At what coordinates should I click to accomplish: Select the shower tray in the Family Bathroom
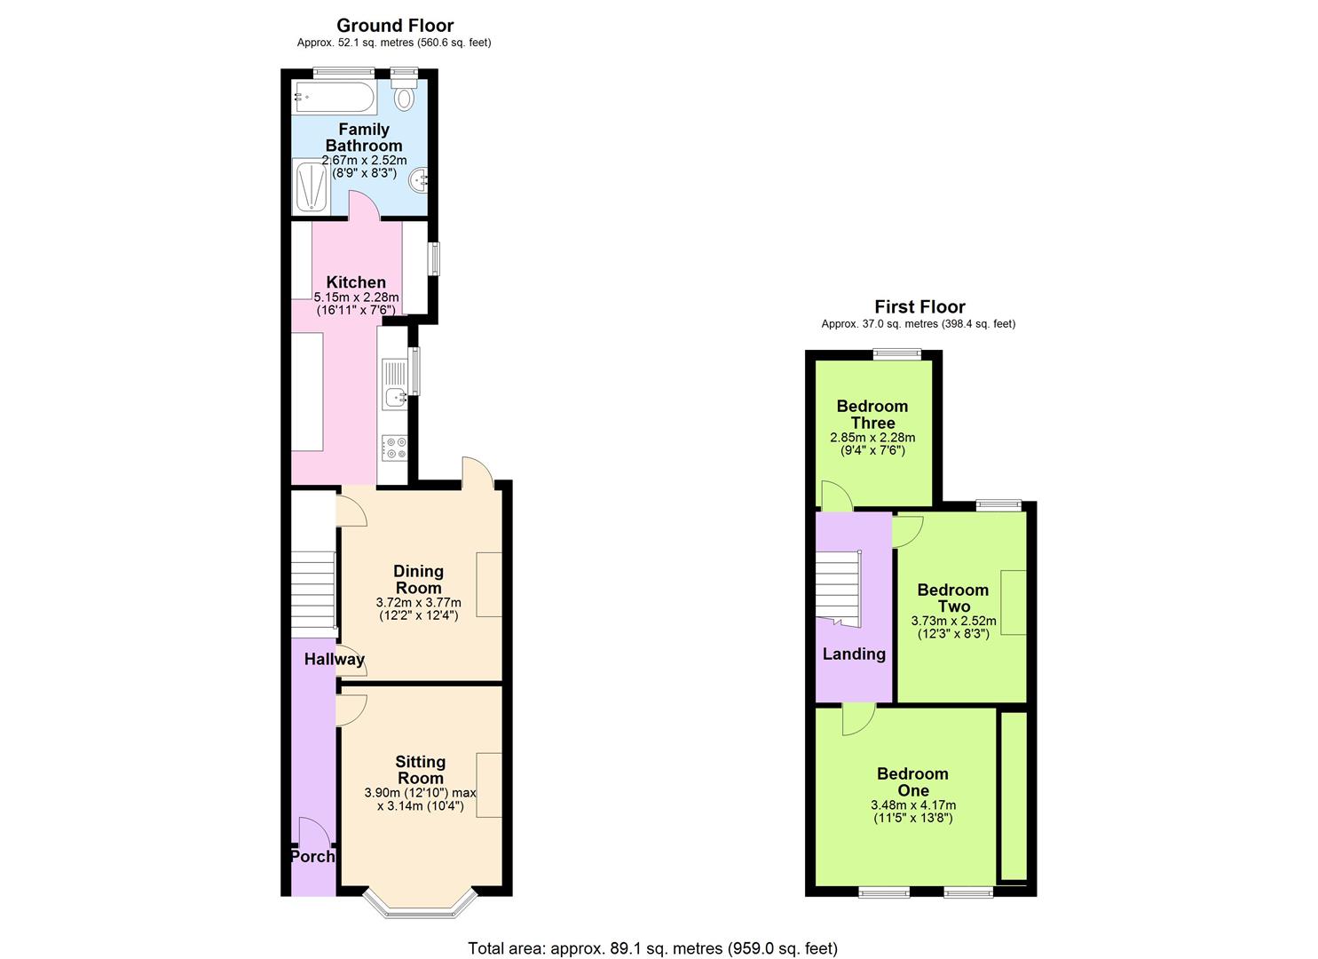[x=311, y=186]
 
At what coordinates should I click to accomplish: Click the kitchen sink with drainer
[x=394, y=384]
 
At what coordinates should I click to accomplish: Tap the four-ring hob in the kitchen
[x=394, y=448]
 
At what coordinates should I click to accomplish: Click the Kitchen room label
[x=356, y=282]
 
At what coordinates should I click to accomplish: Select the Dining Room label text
[x=418, y=579]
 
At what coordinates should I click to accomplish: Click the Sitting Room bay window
[x=421, y=904]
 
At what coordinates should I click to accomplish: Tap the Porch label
[x=312, y=856]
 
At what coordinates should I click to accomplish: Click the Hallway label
[x=334, y=659]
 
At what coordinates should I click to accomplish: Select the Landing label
[x=854, y=654]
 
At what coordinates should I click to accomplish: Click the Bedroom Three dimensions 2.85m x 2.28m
[x=872, y=438]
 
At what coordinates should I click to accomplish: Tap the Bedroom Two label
[x=953, y=598]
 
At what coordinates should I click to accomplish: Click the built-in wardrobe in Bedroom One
[x=1014, y=796]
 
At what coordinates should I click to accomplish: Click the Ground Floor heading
[x=395, y=26]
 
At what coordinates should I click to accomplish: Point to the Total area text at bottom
[x=652, y=948]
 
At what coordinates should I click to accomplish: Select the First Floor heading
[x=919, y=307]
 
